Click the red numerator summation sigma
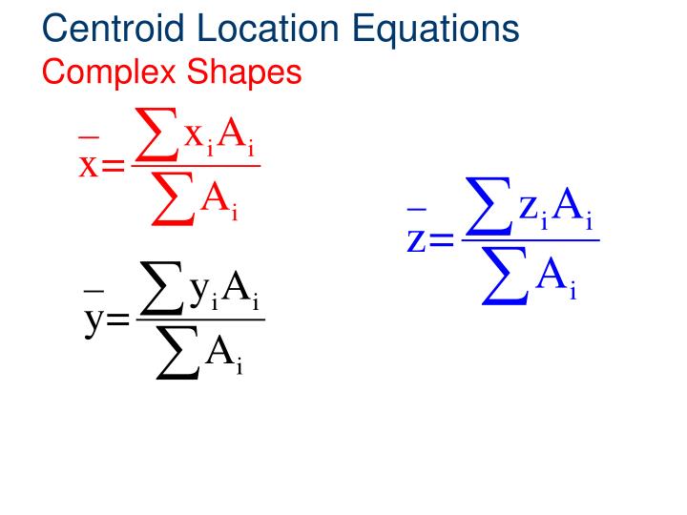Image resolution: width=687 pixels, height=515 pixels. [158, 135]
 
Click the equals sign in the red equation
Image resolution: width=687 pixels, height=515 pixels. [113, 167]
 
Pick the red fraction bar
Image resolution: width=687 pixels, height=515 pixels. [195, 167]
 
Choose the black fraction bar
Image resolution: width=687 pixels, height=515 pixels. [199, 319]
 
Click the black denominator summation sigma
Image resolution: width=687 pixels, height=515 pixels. [178, 355]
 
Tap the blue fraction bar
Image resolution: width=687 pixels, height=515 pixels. [530, 239]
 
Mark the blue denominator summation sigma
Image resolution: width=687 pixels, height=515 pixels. [506, 278]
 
